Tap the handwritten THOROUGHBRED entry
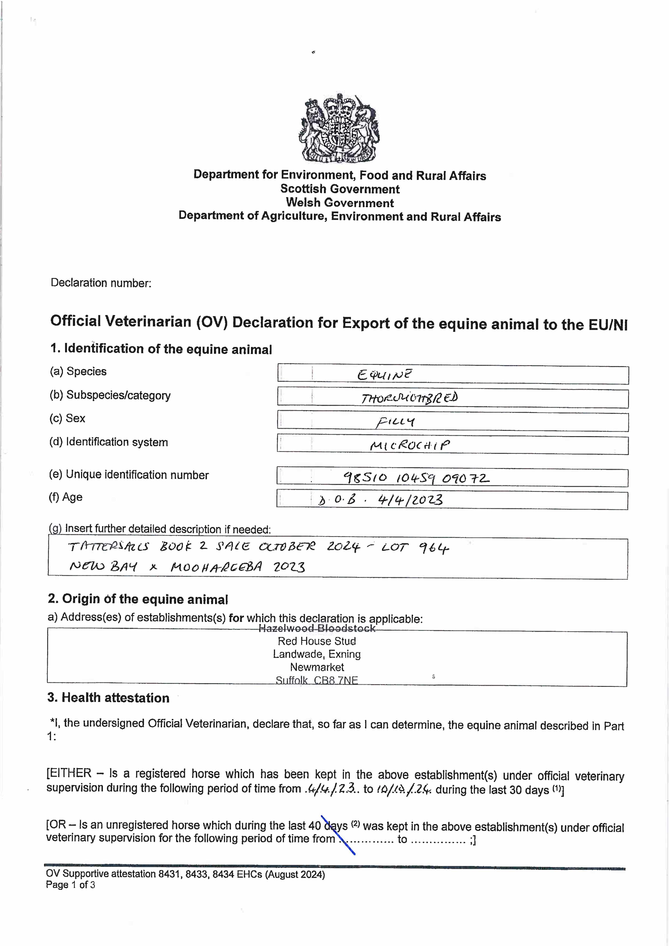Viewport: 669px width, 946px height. pyautogui.click(x=409, y=398)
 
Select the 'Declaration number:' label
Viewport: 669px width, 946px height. pyautogui.click(x=101, y=283)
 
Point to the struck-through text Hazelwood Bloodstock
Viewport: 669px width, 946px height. pyautogui.click(x=317, y=628)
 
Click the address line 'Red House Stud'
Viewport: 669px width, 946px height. pyautogui.click(x=317, y=641)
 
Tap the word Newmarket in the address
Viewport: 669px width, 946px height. pyautogui.click(x=317, y=667)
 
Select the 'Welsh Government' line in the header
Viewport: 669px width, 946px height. pyautogui.click(x=340, y=203)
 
